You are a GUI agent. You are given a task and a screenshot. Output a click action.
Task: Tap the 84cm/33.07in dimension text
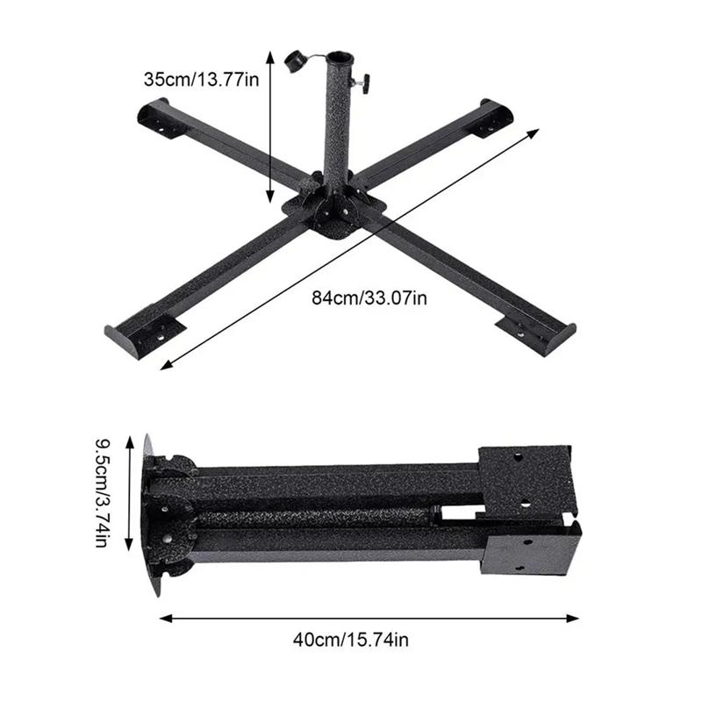click(x=369, y=298)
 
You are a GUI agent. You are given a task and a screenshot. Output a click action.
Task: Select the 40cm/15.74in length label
click(x=351, y=640)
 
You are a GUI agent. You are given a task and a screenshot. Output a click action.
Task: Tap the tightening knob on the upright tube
click(x=362, y=83)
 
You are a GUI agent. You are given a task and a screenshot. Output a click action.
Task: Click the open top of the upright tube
click(x=339, y=59)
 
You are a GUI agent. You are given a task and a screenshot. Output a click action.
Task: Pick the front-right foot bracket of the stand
click(x=535, y=333)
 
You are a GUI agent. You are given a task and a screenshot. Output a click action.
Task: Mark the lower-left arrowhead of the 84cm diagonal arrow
click(x=164, y=365)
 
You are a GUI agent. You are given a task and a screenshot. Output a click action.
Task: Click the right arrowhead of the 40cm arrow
click(x=576, y=618)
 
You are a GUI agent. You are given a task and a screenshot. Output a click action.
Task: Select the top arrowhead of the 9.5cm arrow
click(x=130, y=439)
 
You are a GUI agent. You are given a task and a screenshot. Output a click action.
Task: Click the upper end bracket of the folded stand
click(x=525, y=478)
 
